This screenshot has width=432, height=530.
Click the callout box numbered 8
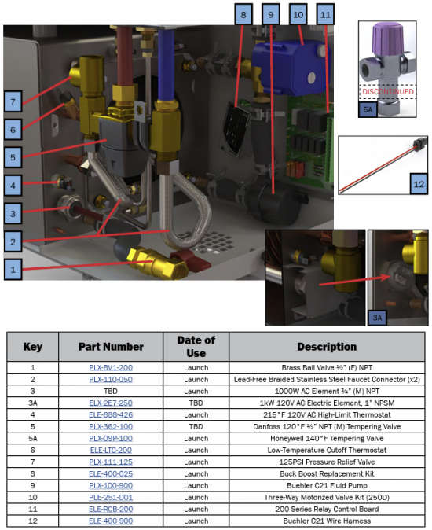pos(243,14)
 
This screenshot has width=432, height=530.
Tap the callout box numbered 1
pos(13,270)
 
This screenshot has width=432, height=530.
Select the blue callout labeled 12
pos(419,184)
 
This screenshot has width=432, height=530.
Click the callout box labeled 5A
pos(368,110)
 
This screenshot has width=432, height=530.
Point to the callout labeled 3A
pos(377,318)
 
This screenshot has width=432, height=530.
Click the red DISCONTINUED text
pos(388,91)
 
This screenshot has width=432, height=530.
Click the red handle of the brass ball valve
pos(192,259)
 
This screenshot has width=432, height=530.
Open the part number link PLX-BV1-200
pos(111,367)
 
